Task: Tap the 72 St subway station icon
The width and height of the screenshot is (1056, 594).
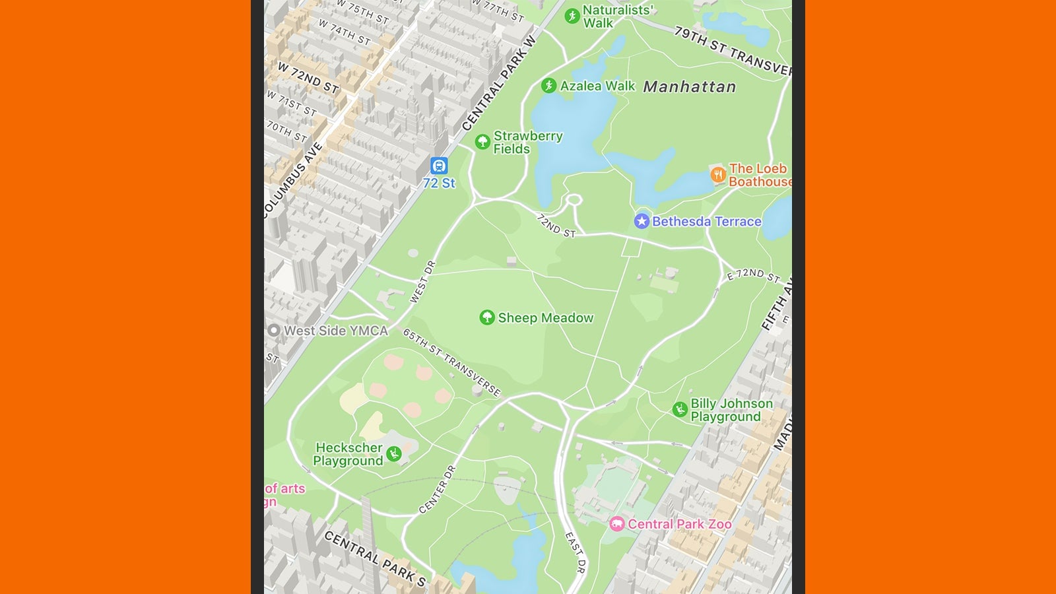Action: tap(439, 166)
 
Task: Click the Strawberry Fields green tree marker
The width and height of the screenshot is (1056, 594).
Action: tap(482, 141)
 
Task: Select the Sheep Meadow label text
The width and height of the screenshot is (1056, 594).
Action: tap(545, 318)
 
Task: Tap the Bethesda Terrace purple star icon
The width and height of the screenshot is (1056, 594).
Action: tap(642, 221)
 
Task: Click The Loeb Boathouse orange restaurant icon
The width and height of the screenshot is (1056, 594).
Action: tap(718, 174)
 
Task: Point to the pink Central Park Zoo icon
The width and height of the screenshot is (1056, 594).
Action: tap(617, 524)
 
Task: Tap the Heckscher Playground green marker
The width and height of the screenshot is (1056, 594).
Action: tap(394, 453)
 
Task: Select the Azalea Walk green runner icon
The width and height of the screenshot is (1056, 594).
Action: tap(548, 86)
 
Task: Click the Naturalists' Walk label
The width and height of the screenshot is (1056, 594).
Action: tap(617, 16)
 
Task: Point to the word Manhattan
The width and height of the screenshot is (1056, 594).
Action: tap(689, 86)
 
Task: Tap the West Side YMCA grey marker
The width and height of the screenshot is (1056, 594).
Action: tap(274, 330)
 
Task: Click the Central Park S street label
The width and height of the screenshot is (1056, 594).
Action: tap(375, 558)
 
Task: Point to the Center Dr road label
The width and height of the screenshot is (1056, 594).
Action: tap(438, 489)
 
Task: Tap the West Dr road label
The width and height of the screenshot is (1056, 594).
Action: tap(423, 282)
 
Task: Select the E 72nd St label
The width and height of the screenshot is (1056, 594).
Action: tap(753, 275)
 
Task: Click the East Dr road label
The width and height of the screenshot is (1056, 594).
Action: tap(575, 552)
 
